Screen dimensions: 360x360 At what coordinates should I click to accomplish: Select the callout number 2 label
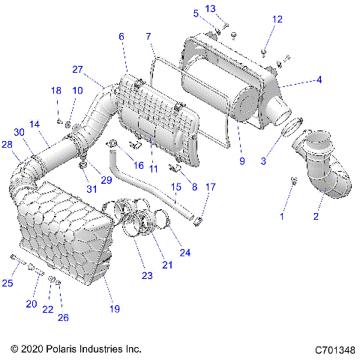(x=316, y=217)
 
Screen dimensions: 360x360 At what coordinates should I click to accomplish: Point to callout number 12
(x=277, y=19)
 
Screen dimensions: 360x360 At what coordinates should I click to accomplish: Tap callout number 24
(x=184, y=253)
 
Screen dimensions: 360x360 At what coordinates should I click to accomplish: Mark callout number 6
(x=121, y=36)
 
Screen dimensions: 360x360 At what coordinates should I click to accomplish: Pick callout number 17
(x=210, y=187)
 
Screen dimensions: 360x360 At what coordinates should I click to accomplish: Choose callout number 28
(x=7, y=144)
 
